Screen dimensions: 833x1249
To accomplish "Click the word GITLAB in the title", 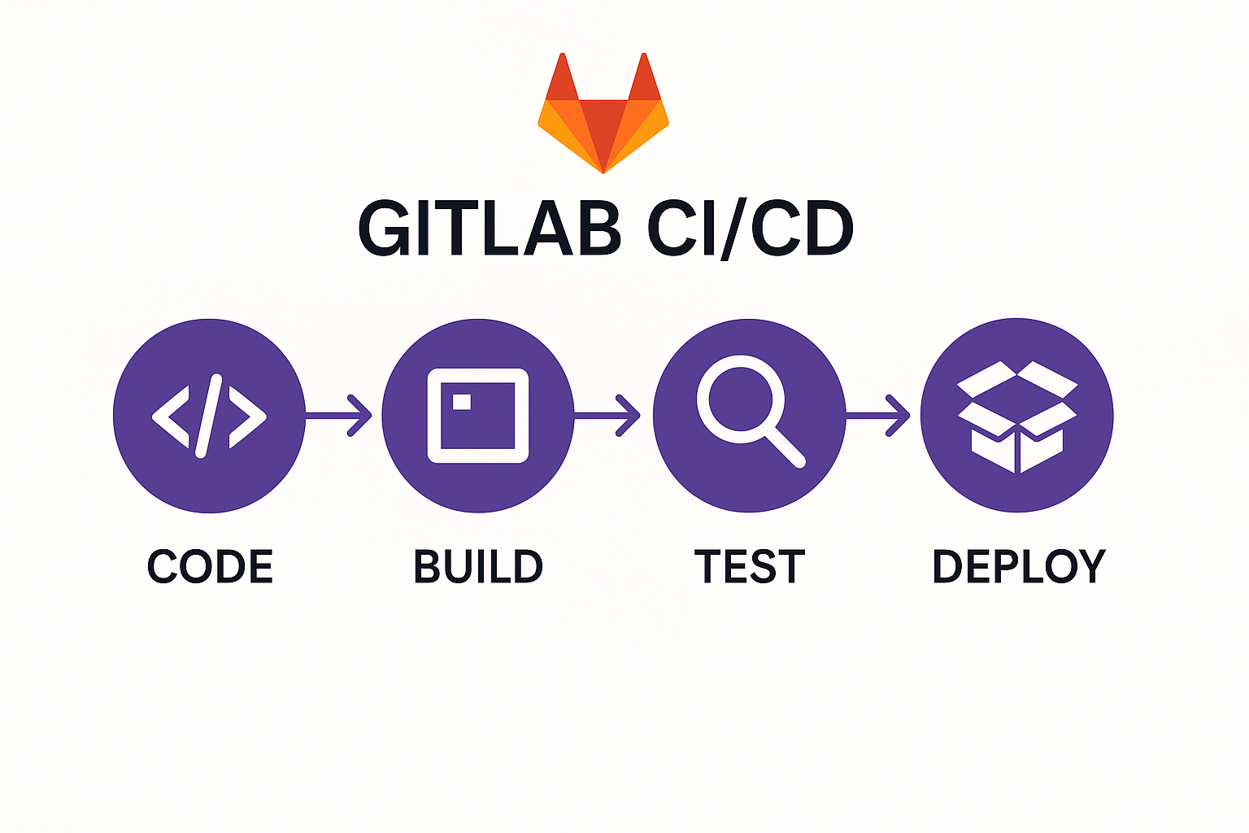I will pos(489,229).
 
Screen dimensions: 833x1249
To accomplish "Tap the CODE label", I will pos(210,567).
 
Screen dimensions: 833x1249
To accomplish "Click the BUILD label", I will pos(478,567).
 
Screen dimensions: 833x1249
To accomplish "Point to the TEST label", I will pos(749,567).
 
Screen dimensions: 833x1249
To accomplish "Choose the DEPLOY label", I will pos(1018,567).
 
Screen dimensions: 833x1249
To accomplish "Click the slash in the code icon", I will pos(208,416).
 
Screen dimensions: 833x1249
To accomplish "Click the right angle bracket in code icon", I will pos(247,416).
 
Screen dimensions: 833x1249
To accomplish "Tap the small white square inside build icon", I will pos(461,401).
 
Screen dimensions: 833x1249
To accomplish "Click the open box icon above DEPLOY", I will pos(1017,416).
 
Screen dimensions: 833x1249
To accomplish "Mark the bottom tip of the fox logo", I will pos(603,170).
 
